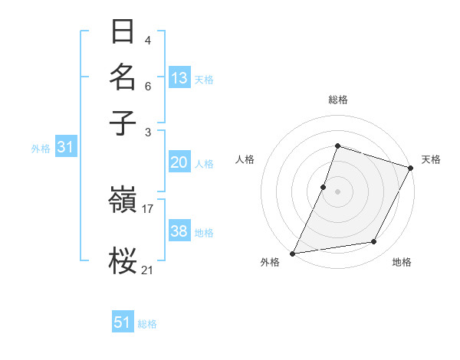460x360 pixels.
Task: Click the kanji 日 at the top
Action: tap(123, 32)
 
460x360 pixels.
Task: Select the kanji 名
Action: tap(123, 77)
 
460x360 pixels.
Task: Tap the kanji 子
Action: tap(123, 123)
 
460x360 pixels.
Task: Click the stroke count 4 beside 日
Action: tap(148, 40)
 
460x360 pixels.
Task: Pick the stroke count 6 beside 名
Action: tap(148, 86)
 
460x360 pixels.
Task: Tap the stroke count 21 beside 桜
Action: tap(148, 270)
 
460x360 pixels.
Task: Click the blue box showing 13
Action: tap(179, 78)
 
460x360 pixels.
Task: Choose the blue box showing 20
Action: tap(179, 162)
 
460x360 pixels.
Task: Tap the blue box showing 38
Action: tap(179, 231)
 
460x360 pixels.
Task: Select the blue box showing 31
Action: tap(65, 148)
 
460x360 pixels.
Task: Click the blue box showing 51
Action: tap(123, 322)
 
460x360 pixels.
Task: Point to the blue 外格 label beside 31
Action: tap(41, 149)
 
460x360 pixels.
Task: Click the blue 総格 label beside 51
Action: tap(147, 324)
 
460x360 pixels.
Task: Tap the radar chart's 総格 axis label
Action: tap(337, 100)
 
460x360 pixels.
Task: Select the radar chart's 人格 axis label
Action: tap(245, 159)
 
